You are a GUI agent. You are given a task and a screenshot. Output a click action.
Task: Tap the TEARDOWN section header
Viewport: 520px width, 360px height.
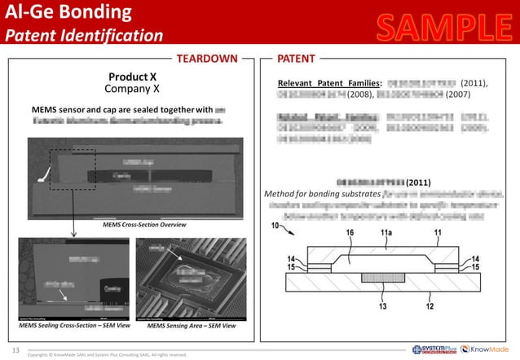(x=208, y=59)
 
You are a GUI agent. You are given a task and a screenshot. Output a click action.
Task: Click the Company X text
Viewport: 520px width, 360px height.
(x=132, y=88)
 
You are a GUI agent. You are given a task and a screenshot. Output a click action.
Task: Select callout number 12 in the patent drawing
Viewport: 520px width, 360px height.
(x=429, y=307)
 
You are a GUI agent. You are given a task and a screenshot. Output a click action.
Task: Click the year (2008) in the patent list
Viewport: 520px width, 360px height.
(x=361, y=94)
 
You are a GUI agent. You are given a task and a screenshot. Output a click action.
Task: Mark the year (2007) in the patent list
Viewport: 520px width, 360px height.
(x=458, y=94)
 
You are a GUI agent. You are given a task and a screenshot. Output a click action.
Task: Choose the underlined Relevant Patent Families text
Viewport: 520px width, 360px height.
(x=329, y=83)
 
